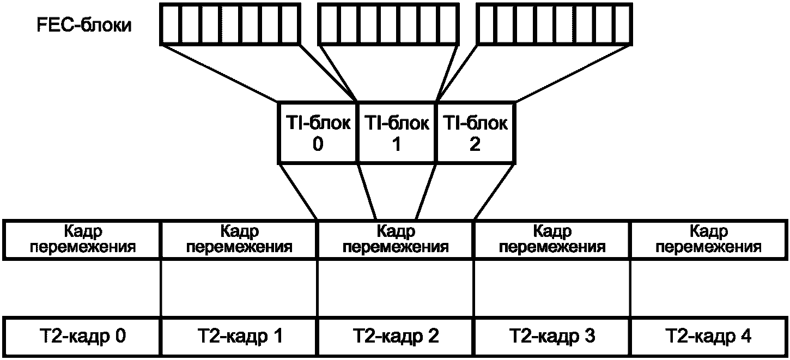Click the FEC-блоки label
tap(84, 26)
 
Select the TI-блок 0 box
tap(318, 132)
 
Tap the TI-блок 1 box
tap(397, 132)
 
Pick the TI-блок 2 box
tap(476, 132)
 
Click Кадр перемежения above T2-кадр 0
tap(82, 240)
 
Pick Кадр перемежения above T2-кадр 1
tap(240, 240)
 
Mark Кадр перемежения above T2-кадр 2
tap(396, 240)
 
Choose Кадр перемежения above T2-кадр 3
tap(552, 240)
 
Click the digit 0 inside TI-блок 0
tap(318, 144)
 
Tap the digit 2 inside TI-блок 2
tap(475, 144)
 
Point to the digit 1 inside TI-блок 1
tap(397, 144)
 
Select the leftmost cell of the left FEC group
tap(172, 24)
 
